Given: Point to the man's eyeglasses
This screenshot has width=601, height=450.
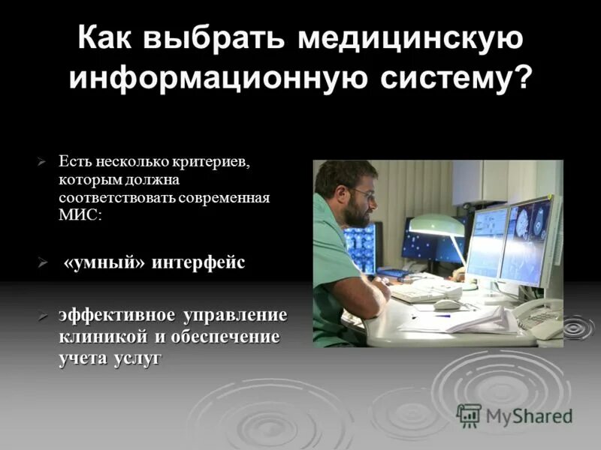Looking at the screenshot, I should click(x=362, y=193).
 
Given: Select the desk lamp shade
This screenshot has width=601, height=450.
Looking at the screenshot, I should click(x=437, y=225).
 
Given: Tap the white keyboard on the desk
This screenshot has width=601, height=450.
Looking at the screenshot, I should click(x=425, y=292).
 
